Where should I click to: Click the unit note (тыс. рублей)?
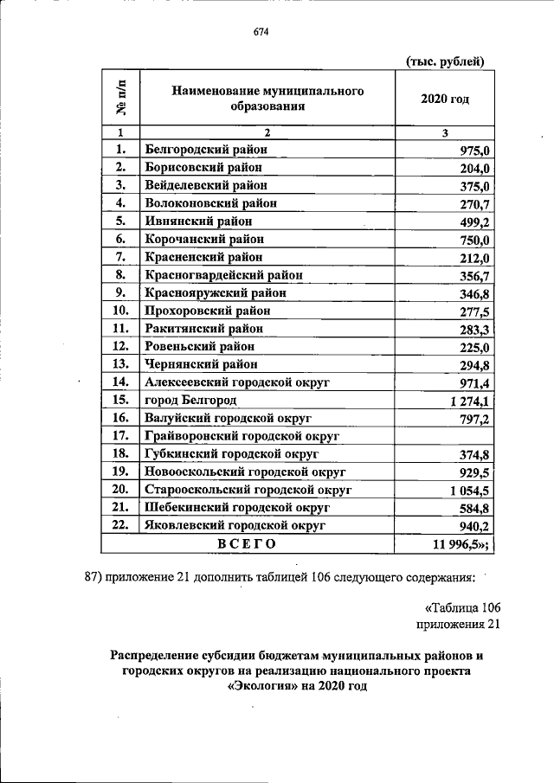(x=444, y=60)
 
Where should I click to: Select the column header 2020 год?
(x=445, y=99)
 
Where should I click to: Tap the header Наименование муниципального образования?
(x=267, y=99)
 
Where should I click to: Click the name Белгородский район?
(x=205, y=149)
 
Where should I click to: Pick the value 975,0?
(x=473, y=150)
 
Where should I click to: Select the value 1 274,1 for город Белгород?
(x=468, y=401)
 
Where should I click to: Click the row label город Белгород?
(x=191, y=401)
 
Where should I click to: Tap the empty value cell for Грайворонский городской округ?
(x=445, y=435)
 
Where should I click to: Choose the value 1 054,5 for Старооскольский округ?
(x=468, y=491)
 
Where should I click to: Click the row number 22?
(x=120, y=525)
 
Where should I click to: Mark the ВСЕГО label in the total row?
(x=247, y=543)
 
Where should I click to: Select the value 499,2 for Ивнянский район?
(x=473, y=221)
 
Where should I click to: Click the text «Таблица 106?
(x=463, y=607)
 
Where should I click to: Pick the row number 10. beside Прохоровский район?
(x=120, y=311)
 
